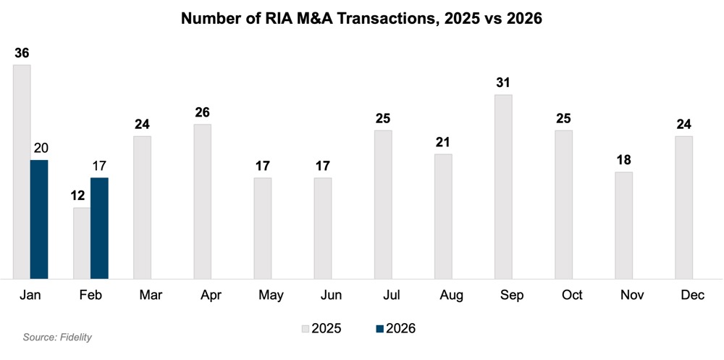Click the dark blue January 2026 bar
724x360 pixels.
click(39, 219)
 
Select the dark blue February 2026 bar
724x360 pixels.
click(99, 227)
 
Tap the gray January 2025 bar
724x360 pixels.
click(22, 171)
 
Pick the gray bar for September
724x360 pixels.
click(503, 186)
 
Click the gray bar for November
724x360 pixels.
click(623, 225)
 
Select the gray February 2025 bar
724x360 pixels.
click(82, 243)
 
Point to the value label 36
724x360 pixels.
click(22, 53)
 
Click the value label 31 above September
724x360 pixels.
click(503, 83)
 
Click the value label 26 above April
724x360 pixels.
click(203, 112)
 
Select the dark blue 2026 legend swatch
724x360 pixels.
click(379, 328)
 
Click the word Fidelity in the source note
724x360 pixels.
click(75, 338)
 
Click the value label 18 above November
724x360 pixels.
click(623, 159)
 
